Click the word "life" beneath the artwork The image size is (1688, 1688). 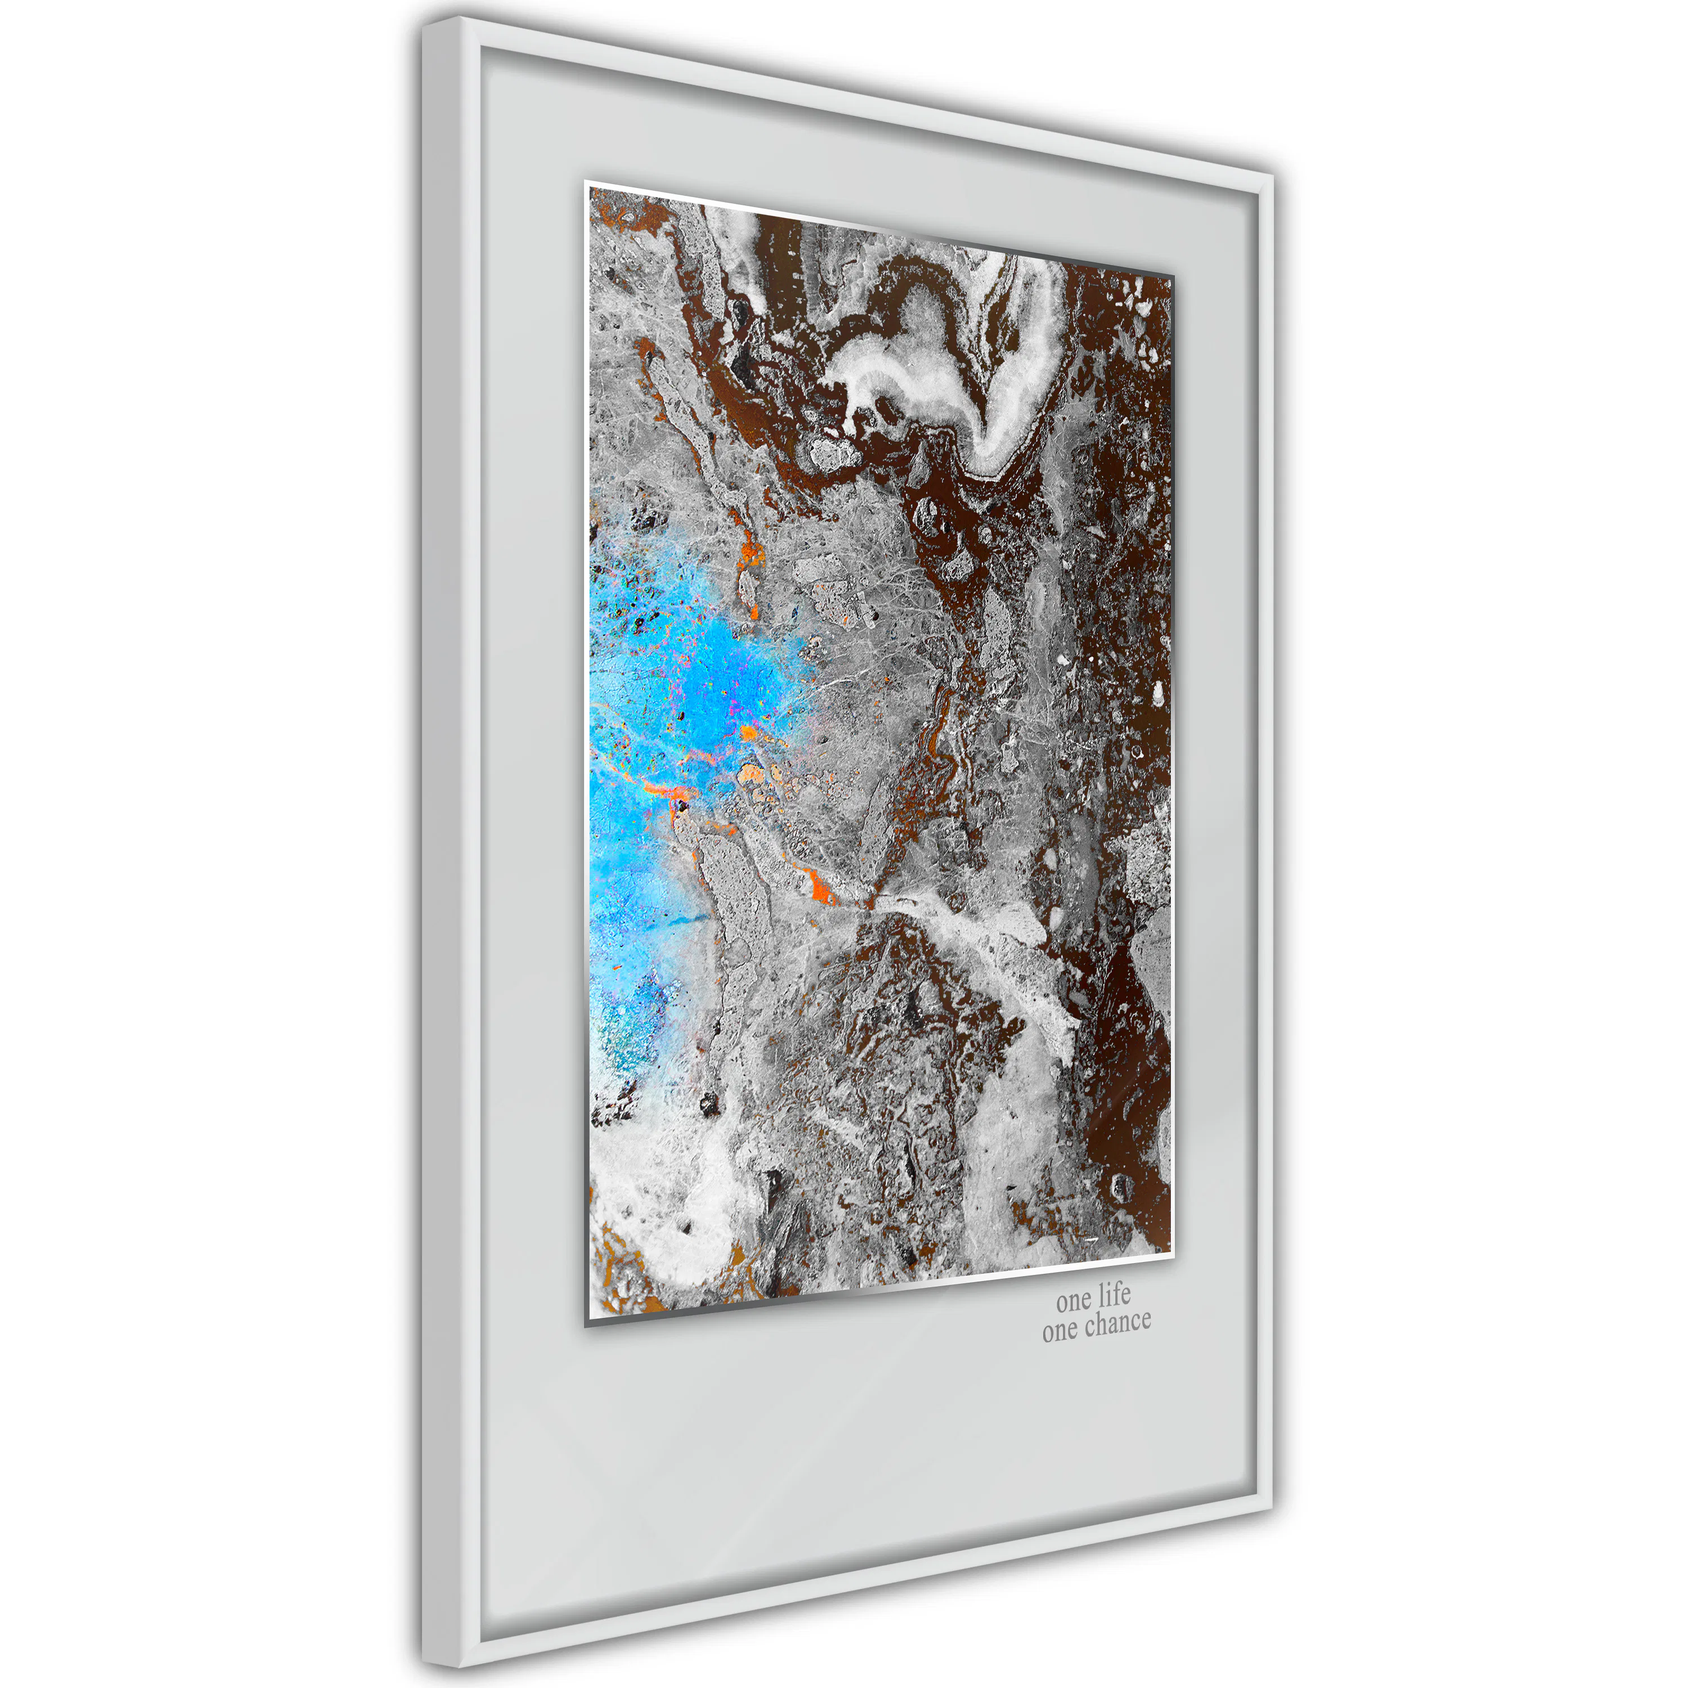[1115, 1294]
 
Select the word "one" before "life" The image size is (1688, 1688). [1074, 1301]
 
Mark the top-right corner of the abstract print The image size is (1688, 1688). [1171, 276]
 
